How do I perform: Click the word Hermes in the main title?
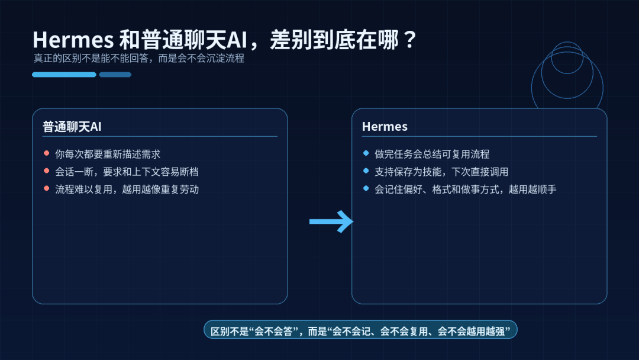click(73, 40)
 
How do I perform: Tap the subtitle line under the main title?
click(138, 59)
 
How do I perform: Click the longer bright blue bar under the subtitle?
click(64, 75)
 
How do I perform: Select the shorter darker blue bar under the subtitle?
click(115, 75)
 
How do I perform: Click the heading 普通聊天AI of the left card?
click(72, 127)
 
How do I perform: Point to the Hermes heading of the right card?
click(385, 127)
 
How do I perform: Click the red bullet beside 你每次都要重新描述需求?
click(46, 153)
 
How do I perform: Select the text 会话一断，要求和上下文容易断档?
click(127, 172)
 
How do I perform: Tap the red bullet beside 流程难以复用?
click(46, 189)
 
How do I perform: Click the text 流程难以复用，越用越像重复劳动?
click(127, 189)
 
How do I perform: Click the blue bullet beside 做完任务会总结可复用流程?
click(366, 153)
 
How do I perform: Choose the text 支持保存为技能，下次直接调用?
click(441, 172)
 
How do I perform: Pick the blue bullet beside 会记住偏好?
click(366, 189)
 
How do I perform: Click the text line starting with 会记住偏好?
click(466, 189)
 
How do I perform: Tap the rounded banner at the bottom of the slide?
click(360, 330)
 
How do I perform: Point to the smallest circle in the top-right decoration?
click(567, 57)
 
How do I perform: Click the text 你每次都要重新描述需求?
click(108, 154)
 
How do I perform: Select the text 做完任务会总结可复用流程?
click(432, 154)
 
